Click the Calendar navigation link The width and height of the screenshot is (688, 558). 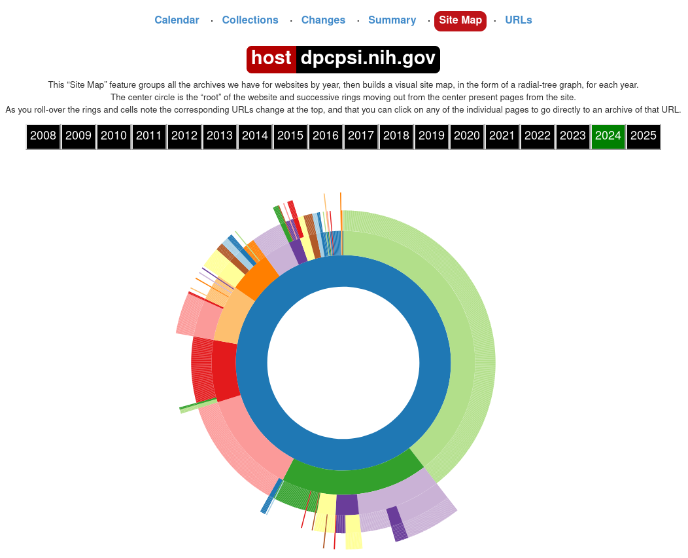(x=177, y=20)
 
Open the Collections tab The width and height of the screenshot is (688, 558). (x=250, y=20)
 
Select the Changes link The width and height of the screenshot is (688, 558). (x=323, y=20)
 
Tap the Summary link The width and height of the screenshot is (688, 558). (x=392, y=20)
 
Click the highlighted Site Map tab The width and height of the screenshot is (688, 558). (x=460, y=20)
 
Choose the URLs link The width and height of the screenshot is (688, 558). (x=519, y=20)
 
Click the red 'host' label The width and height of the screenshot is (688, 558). (x=271, y=59)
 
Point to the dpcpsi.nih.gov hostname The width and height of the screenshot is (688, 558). (x=368, y=59)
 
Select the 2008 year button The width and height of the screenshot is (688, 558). (x=43, y=136)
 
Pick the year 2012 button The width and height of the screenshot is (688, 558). (x=184, y=136)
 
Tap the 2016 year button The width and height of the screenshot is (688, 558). (x=326, y=136)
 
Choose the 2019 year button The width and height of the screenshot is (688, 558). (x=432, y=136)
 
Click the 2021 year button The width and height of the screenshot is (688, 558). (x=502, y=136)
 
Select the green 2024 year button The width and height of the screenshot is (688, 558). (x=608, y=136)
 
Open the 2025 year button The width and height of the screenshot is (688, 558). (x=644, y=136)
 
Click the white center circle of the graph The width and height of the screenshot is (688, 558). (x=343, y=363)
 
